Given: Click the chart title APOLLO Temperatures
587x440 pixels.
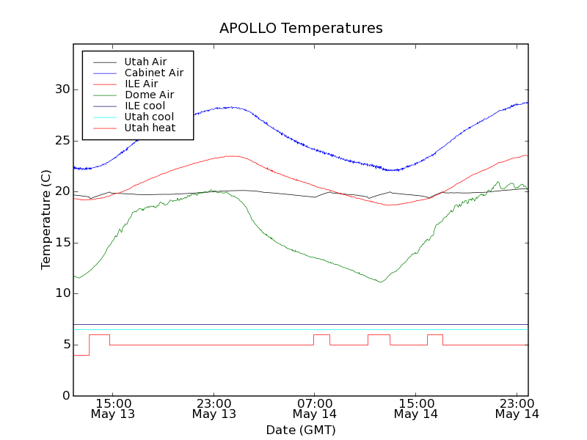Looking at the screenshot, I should tap(301, 29).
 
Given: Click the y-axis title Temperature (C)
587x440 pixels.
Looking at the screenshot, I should tap(46, 227).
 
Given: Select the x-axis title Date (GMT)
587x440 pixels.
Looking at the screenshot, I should tap(301, 430).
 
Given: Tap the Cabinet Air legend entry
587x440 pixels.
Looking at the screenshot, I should tap(153, 73).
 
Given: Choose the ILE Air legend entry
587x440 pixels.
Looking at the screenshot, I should tap(141, 84).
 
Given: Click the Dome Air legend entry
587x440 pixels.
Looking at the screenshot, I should tap(149, 95).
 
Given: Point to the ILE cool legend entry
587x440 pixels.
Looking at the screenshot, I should tap(145, 106).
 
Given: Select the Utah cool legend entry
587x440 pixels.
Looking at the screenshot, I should tap(149, 117).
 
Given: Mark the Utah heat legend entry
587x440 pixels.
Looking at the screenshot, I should tap(150, 128).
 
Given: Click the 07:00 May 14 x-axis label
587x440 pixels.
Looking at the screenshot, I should tap(315, 408).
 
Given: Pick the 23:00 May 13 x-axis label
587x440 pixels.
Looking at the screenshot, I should tap(214, 408).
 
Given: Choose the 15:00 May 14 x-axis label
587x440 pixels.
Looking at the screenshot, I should tap(416, 408).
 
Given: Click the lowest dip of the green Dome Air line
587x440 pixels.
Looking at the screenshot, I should tap(379, 282).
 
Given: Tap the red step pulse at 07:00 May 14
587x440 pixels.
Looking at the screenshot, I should tap(321, 335).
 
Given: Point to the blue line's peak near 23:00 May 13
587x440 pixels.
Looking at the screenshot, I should tap(232, 107).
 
